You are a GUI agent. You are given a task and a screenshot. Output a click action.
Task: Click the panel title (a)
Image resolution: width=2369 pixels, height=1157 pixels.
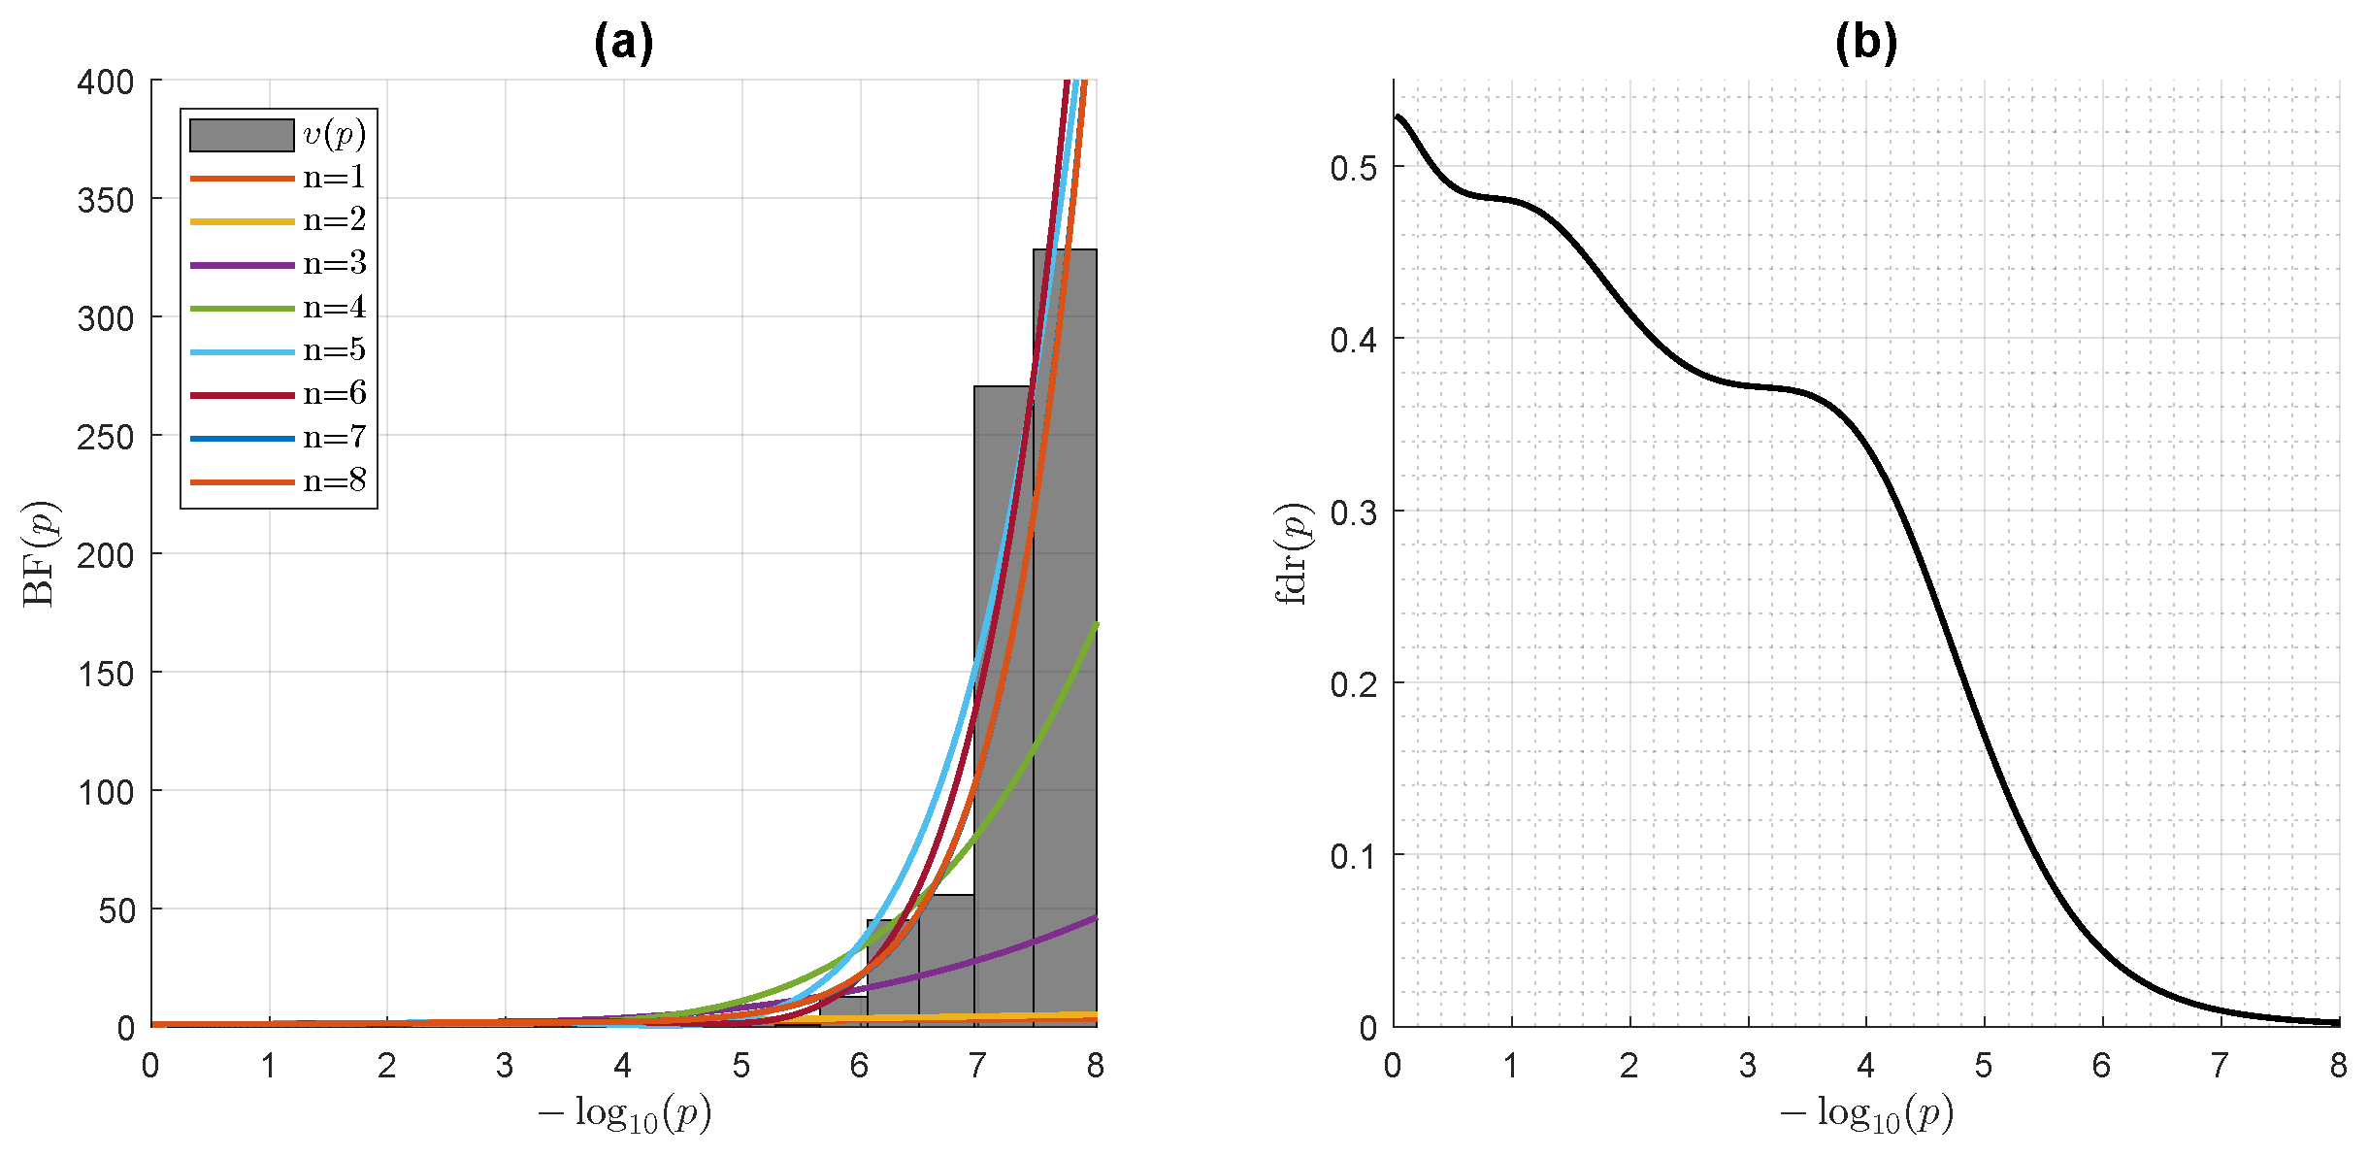click(x=623, y=43)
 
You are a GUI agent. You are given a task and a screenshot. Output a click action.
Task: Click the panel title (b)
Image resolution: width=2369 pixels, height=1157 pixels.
click(x=1865, y=43)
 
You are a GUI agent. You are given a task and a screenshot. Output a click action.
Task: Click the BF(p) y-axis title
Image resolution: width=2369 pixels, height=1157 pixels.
click(x=39, y=553)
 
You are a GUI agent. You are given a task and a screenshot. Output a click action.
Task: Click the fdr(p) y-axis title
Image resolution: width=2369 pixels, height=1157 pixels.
click(x=1291, y=553)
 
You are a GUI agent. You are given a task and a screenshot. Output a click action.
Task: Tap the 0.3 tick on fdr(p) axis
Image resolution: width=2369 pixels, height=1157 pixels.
click(x=1353, y=512)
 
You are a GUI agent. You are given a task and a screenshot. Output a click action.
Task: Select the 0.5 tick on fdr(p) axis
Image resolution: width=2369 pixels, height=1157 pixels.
click(x=1353, y=168)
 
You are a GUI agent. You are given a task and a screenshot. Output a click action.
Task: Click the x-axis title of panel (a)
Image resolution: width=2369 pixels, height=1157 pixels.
click(x=624, y=1113)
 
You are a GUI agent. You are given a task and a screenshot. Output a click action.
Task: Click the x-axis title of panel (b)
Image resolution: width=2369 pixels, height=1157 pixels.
click(x=1865, y=1113)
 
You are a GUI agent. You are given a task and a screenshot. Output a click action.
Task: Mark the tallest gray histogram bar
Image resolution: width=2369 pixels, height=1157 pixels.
click(x=1065, y=631)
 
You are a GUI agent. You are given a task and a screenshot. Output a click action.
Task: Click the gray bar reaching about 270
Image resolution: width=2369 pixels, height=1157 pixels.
click(x=1004, y=699)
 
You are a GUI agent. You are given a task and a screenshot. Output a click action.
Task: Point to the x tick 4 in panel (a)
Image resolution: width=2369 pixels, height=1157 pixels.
click(x=622, y=1066)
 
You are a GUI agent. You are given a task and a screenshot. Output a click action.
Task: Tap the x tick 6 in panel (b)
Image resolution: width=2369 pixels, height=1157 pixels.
click(x=2101, y=1066)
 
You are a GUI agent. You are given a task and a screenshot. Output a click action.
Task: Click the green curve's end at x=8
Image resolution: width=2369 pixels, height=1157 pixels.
click(x=1096, y=625)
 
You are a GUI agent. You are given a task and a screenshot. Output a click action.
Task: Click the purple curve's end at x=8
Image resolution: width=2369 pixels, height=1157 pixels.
click(x=1096, y=917)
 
